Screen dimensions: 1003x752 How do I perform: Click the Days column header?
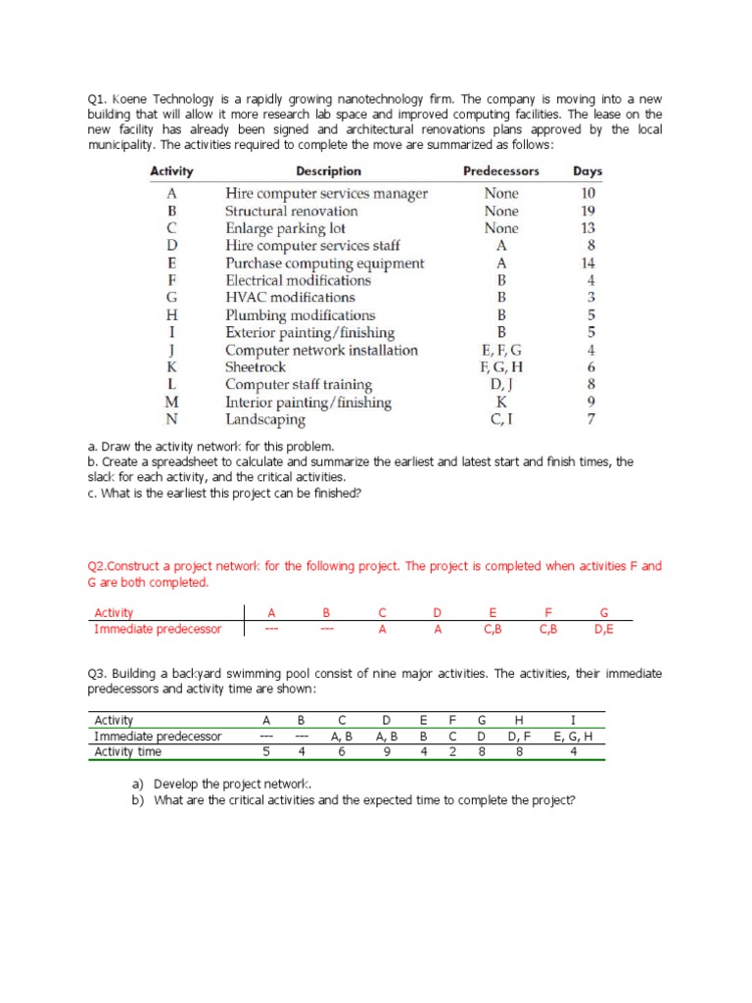[x=587, y=171]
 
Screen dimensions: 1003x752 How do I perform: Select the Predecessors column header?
[x=500, y=171]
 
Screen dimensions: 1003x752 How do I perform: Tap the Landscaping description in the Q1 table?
[x=265, y=420]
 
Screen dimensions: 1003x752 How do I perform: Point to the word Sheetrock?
[x=256, y=367]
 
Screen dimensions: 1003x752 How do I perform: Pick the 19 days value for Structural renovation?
[x=587, y=211]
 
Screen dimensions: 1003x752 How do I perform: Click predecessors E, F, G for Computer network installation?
[x=501, y=351]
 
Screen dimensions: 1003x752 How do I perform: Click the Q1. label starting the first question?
[x=98, y=99]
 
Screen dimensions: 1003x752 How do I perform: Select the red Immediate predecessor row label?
[x=158, y=629]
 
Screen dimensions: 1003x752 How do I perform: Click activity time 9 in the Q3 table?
[x=388, y=752]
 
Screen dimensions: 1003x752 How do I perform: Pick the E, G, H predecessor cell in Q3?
[x=573, y=737]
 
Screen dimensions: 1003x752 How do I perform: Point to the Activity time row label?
[x=128, y=752]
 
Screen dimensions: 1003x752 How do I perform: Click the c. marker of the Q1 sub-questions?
[x=92, y=494]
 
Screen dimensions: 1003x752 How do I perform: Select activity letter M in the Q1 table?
[x=171, y=403]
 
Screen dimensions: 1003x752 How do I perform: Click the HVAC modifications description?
[x=290, y=298]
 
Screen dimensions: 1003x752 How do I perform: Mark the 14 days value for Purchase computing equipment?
[x=587, y=263]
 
